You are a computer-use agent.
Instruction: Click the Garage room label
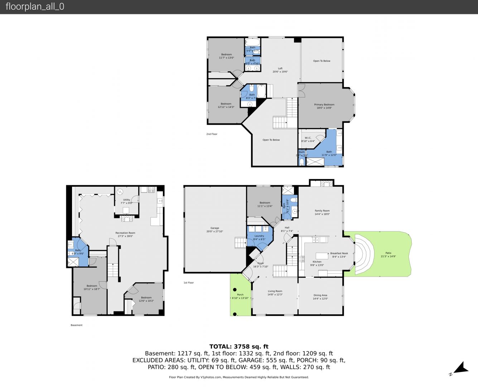[x=214, y=228]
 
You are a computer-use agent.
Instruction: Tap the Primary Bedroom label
[x=324, y=105]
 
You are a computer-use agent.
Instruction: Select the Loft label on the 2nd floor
[x=280, y=68]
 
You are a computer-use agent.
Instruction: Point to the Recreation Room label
[x=125, y=233]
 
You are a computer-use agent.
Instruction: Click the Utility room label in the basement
[x=127, y=200]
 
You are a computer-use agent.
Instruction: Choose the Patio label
[x=388, y=253]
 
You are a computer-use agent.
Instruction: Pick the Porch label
[x=240, y=295]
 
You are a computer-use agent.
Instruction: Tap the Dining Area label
[x=320, y=295]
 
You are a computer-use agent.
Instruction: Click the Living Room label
[x=275, y=291]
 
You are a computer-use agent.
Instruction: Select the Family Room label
[x=322, y=211]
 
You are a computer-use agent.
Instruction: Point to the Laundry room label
[x=259, y=236]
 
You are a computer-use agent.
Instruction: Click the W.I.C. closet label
[x=308, y=138]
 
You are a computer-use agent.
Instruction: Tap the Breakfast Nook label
[x=339, y=253]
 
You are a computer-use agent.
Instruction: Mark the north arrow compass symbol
[x=461, y=368]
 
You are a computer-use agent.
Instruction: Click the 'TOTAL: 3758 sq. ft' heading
[x=239, y=347]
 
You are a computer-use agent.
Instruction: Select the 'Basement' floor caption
[x=77, y=325]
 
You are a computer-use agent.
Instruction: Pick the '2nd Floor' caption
[x=212, y=134]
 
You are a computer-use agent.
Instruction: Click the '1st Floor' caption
[x=189, y=283]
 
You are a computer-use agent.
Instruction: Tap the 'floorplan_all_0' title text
[x=35, y=6]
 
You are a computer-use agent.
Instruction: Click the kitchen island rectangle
[x=322, y=255]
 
